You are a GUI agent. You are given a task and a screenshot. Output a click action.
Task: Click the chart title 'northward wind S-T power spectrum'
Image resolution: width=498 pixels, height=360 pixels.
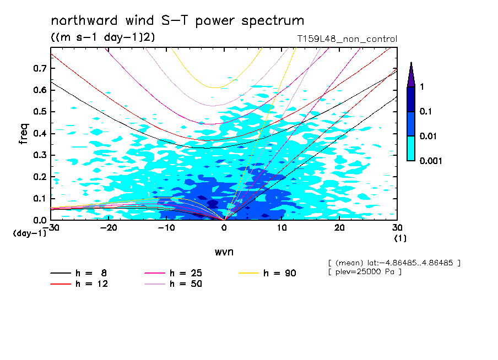coord(177,21)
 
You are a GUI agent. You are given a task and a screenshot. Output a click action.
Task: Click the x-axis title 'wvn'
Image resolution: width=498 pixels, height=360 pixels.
coord(224,252)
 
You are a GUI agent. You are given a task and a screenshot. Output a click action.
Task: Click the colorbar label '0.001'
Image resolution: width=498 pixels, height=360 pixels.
coord(431,161)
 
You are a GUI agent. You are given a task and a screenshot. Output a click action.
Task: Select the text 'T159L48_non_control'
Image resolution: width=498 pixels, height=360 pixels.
coord(346,39)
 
